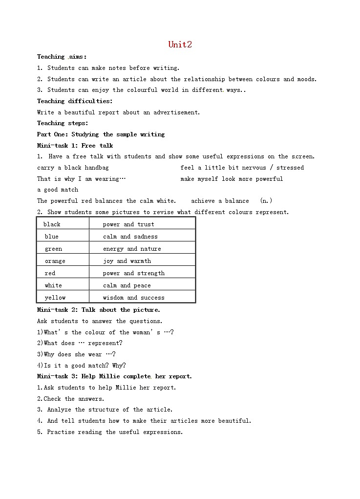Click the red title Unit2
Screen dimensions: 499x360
point(180,44)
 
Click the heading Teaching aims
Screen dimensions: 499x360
point(62,57)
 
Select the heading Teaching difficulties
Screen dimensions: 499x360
point(75,101)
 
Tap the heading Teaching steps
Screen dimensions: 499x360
point(63,123)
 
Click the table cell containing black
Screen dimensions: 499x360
point(52,224)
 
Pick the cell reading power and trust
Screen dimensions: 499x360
point(128,224)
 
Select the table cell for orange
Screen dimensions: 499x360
point(55,261)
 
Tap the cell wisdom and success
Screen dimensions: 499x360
point(133,298)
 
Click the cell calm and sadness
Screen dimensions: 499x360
point(130,237)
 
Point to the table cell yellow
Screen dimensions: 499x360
point(55,298)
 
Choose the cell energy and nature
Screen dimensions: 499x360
point(132,249)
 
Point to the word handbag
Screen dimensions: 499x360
point(97,168)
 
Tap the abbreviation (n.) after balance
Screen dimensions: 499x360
point(266,201)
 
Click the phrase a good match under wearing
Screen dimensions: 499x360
point(58,190)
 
